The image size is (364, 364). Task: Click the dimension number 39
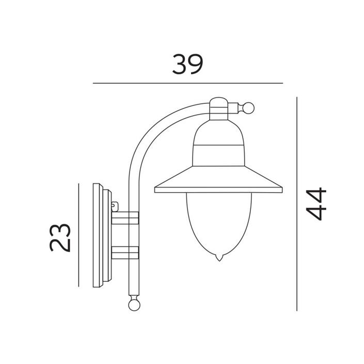click(x=187, y=64)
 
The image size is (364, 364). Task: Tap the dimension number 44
click(x=316, y=203)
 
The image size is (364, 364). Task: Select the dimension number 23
click(x=60, y=238)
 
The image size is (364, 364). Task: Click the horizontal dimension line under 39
click(x=188, y=83)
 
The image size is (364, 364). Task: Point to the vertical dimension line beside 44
click(x=297, y=204)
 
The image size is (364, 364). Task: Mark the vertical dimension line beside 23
click(x=78, y=235)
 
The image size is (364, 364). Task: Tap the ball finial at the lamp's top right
click(x=248, y=108)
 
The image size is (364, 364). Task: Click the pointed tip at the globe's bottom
click(x=219, y=261)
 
